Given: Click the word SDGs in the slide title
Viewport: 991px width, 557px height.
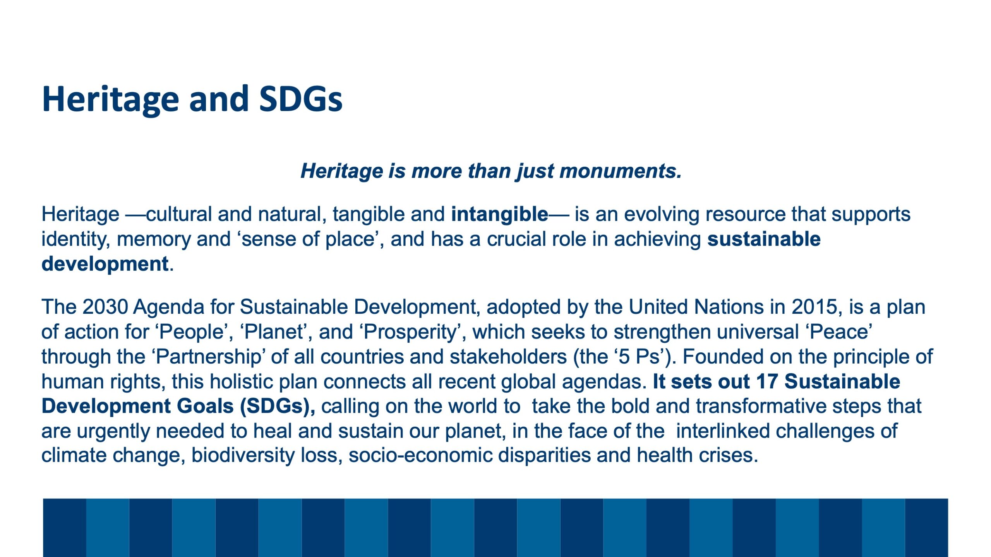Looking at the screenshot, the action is (x=301, y=99).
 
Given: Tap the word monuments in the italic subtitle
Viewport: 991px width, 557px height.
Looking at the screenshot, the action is (x=621, y=171).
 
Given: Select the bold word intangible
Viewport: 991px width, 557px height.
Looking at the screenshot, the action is (x=499, y=214).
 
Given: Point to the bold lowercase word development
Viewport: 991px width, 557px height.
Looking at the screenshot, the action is (x=105, y=265).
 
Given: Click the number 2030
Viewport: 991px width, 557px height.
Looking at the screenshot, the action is (x=105, y=307).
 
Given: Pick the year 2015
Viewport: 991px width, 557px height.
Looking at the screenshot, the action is (x=815, y=307).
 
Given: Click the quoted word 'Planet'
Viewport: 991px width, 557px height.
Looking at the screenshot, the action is (x=273, y=332).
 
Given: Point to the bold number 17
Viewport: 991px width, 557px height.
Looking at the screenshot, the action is (x=767, y=382).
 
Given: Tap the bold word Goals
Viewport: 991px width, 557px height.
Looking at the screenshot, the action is (x=205, y=407).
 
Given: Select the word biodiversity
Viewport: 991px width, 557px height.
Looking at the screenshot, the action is (x=243, y=456).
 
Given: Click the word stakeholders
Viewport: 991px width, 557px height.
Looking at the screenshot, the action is (x=508, y=357).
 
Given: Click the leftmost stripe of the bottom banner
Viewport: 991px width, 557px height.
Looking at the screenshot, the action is (x=64, y=528).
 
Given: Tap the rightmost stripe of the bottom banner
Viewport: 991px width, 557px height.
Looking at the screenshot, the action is (x=926, y=528).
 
